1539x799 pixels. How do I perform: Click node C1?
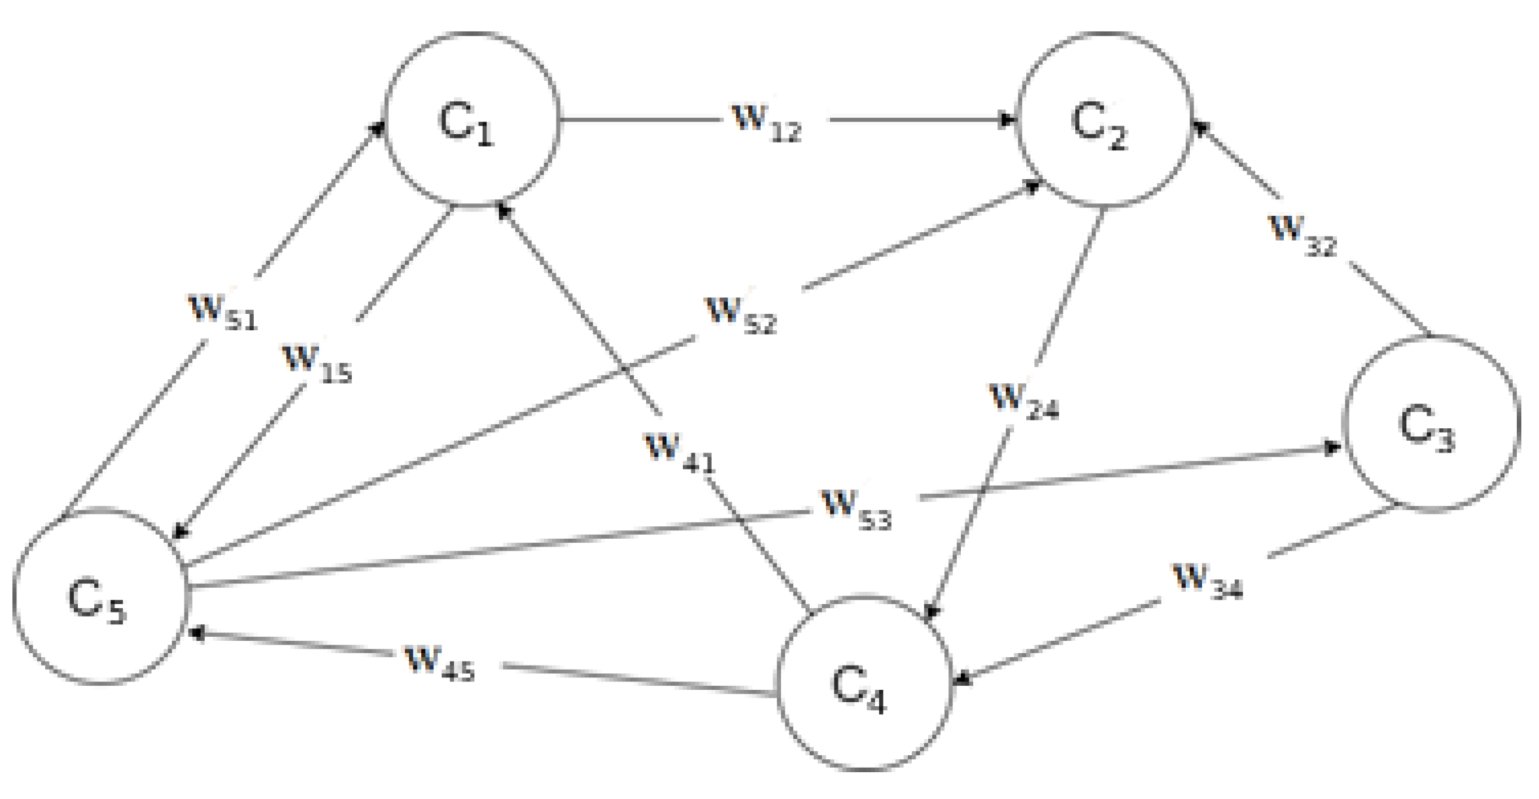[x=471, y=120]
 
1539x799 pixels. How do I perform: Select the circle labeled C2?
[x=1103, y=120]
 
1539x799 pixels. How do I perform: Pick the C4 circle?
[x=863, y=683]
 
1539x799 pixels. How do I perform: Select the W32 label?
[x=1302, y=235]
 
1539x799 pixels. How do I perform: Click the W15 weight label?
[x=317, y=364]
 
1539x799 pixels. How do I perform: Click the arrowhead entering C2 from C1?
[x=1009, y=120]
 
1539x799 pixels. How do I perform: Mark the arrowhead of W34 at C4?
[x=962, y=681]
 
